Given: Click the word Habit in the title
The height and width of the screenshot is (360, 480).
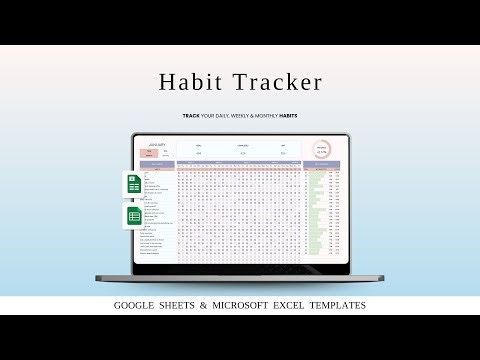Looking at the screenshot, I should click(x=196, y=82).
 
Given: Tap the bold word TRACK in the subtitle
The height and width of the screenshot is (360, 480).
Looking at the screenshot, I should click(x=190, y=116).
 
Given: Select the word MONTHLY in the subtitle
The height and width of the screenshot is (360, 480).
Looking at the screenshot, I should click(x=262, y=116).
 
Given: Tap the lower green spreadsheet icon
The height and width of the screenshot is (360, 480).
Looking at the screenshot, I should click(x=136, y=216).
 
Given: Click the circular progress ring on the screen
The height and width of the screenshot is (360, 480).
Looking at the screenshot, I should click(x=322, y=148).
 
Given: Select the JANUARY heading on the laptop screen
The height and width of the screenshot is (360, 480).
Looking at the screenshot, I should click(x=159, y=144).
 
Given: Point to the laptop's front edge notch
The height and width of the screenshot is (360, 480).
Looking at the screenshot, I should click(x=239, y=276).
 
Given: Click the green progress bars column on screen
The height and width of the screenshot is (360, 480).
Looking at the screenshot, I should click(x=319, y=210).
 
